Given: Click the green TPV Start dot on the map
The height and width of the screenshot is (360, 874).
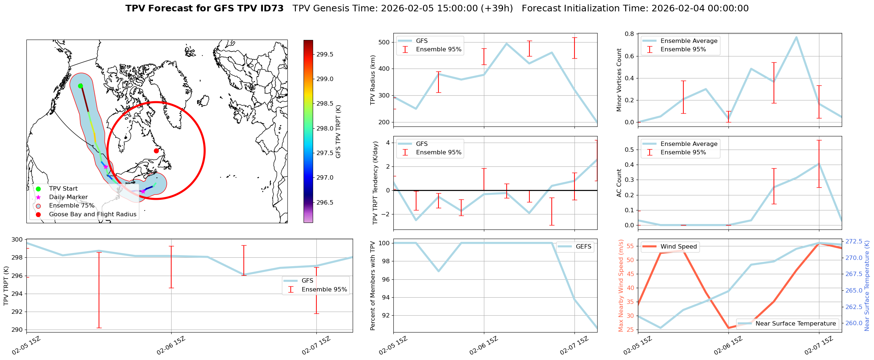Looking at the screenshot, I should point(80,86).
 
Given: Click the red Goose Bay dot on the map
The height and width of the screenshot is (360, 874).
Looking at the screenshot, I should point(156,151).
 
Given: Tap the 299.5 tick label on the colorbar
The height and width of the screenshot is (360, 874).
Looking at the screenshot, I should point(325,54).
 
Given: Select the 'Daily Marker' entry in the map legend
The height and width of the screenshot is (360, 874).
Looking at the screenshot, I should point(68,197).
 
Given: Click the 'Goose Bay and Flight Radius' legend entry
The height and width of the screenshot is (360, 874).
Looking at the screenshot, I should point(92,214).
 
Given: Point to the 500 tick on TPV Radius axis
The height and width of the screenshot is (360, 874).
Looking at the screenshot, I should point(384,42).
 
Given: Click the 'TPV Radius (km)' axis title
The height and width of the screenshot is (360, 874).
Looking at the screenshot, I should point(373,80).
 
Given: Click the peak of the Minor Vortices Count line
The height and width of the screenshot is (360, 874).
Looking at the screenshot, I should point(796,37).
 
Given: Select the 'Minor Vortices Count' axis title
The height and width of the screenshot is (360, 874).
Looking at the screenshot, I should point(619,80).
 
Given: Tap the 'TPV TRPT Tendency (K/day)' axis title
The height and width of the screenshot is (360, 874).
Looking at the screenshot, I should point(375,183).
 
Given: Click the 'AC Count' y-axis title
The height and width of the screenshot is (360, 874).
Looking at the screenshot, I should point(619,183).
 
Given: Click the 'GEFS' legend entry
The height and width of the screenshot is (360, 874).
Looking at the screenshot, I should point(583,247).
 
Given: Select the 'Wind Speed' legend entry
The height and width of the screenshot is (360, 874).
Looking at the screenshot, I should point(678,247).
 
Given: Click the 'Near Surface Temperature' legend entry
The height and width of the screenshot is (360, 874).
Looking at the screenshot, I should point(796,324).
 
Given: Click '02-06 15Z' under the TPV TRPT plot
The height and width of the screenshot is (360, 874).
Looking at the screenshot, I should point(171,346).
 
